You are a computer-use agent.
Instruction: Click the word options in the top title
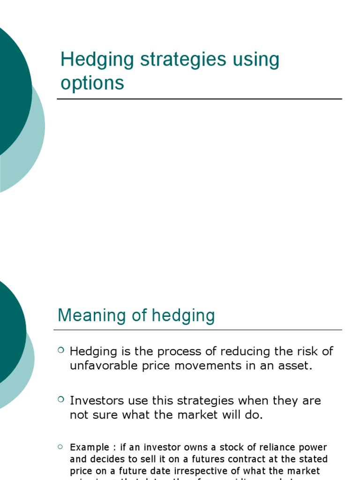point(92,83)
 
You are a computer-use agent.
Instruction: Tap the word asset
point(295,366)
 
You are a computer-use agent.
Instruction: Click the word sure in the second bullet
point(106,415)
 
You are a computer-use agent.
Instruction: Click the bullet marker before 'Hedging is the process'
point(61,350)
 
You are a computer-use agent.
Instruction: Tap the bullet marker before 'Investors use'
point(61,399)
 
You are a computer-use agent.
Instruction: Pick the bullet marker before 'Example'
point(61,446)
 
